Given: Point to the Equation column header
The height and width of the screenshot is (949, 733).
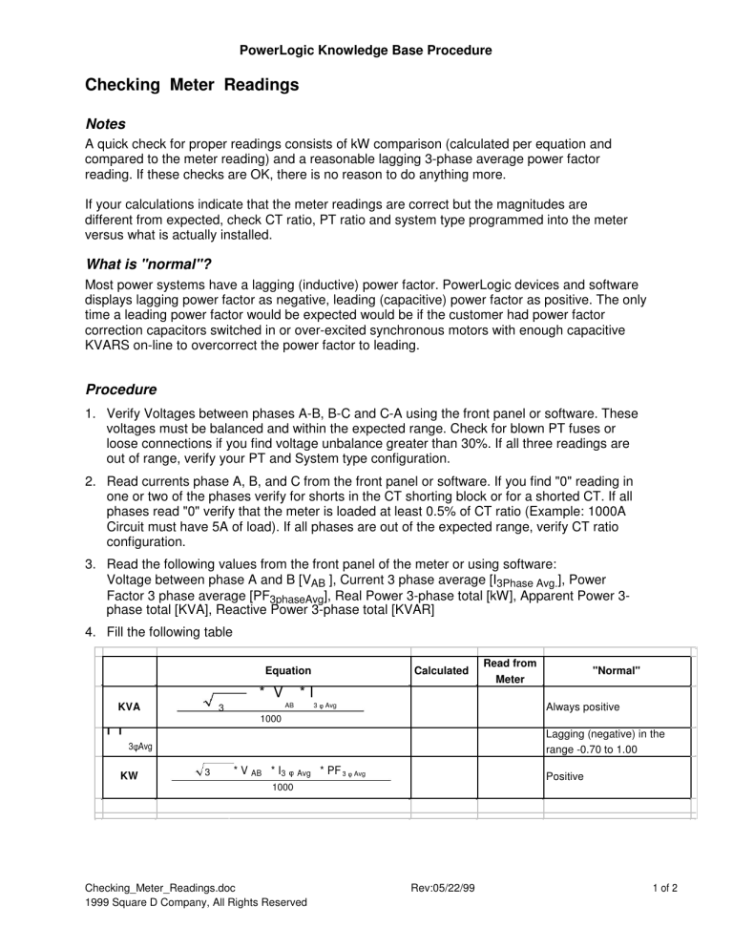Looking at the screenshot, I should pos(288,671).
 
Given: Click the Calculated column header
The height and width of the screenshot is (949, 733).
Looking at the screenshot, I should pos(440,671).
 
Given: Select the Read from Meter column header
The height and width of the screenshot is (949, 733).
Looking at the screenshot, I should pos(510,671).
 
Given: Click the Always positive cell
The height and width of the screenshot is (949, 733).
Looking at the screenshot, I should pos(582,708).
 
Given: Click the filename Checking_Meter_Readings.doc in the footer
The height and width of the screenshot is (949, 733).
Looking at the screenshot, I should pos(158,887).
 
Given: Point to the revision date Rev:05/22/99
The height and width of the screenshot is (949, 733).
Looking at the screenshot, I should pos(437,887).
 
